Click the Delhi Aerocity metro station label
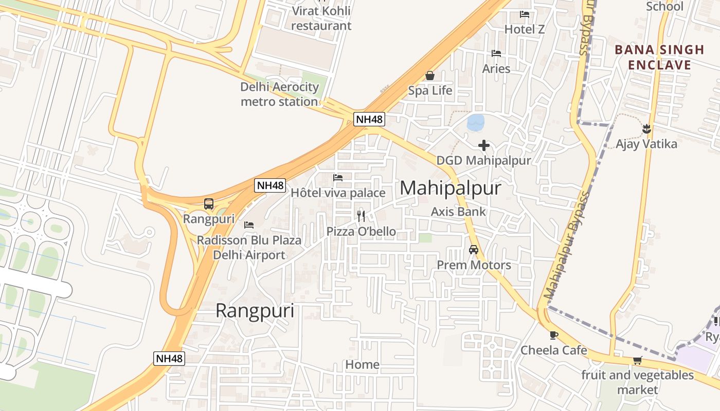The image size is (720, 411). [279, 94]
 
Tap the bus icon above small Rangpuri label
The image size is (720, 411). [208, 203]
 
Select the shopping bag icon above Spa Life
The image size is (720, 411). [430, 76]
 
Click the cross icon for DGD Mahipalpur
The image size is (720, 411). [483, 145]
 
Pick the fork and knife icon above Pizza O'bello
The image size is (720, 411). [361, 216]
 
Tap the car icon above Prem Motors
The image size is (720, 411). [474, 250]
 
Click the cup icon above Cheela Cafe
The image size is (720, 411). [553, 335]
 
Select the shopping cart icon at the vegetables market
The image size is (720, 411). [638, 360]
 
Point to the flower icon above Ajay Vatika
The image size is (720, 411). [646, 128]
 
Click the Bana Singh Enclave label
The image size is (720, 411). [659, 57]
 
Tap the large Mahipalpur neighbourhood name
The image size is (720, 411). [450, 188]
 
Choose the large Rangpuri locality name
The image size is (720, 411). [255, 311]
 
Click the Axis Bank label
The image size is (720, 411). [458, 211]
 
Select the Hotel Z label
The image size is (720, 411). [524, 29]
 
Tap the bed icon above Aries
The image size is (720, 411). [496, 53]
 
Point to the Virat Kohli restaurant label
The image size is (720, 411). [321, 18]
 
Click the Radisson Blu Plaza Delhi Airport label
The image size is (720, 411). [249, 247]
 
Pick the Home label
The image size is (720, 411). [362, 365]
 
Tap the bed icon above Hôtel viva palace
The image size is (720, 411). [338, 178]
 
